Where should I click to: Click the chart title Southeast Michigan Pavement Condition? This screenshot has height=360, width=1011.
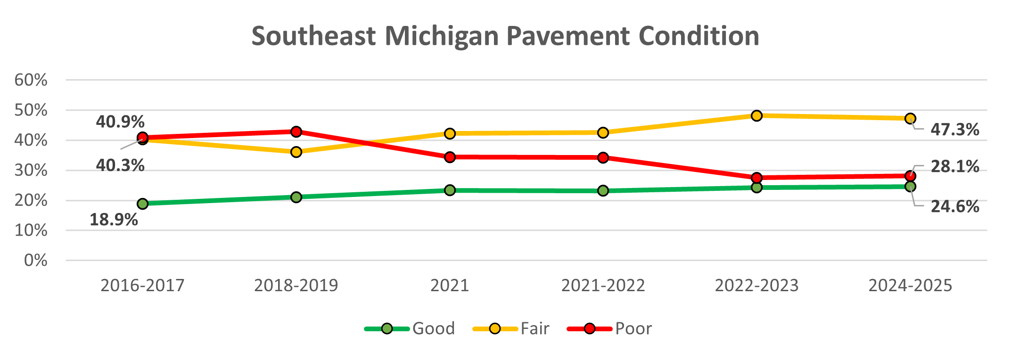[x=505, y=36]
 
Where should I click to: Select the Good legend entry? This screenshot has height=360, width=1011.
[x=410, y=328]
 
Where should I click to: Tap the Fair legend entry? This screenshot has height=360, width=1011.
[x=511, y=328]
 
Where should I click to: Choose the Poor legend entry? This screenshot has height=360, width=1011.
[x=610, y=328]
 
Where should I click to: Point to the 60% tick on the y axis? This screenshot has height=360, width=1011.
[x=31, y=80]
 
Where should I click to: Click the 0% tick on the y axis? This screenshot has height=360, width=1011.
[x=36, y=260]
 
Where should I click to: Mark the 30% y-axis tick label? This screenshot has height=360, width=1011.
[x=31, y=170]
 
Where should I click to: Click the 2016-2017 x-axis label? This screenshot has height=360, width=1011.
[x=142, y=286]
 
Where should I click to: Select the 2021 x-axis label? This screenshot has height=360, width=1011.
[x=450, y=286]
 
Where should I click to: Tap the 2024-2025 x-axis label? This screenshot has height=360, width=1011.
[x=910, y=286]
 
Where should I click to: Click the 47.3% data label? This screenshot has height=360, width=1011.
[x=955, y=130]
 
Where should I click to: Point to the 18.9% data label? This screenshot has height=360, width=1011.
[x=114, y=220]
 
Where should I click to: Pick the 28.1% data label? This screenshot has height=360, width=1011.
[x=955, y=166]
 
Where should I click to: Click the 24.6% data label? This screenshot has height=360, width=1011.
[x=955, y=206]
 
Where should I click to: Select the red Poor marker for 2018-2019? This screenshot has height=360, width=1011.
[x=296, y=131]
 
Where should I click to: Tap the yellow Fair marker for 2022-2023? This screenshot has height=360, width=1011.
[x=756, y=115]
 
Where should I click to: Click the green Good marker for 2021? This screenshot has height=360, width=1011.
[x=450, y=190]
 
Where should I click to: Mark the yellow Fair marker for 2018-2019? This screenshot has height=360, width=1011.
[x=296, y=152]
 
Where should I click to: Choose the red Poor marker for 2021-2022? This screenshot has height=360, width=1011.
[x=603, y=157]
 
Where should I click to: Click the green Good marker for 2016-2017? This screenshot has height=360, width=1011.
[x=142, y=204]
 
